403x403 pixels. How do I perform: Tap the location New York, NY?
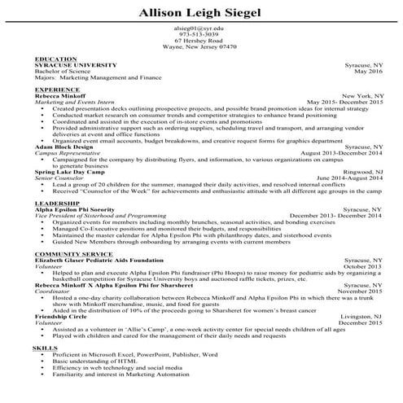coord(361,95)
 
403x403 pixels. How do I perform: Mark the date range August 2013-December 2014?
coord(340,153)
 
